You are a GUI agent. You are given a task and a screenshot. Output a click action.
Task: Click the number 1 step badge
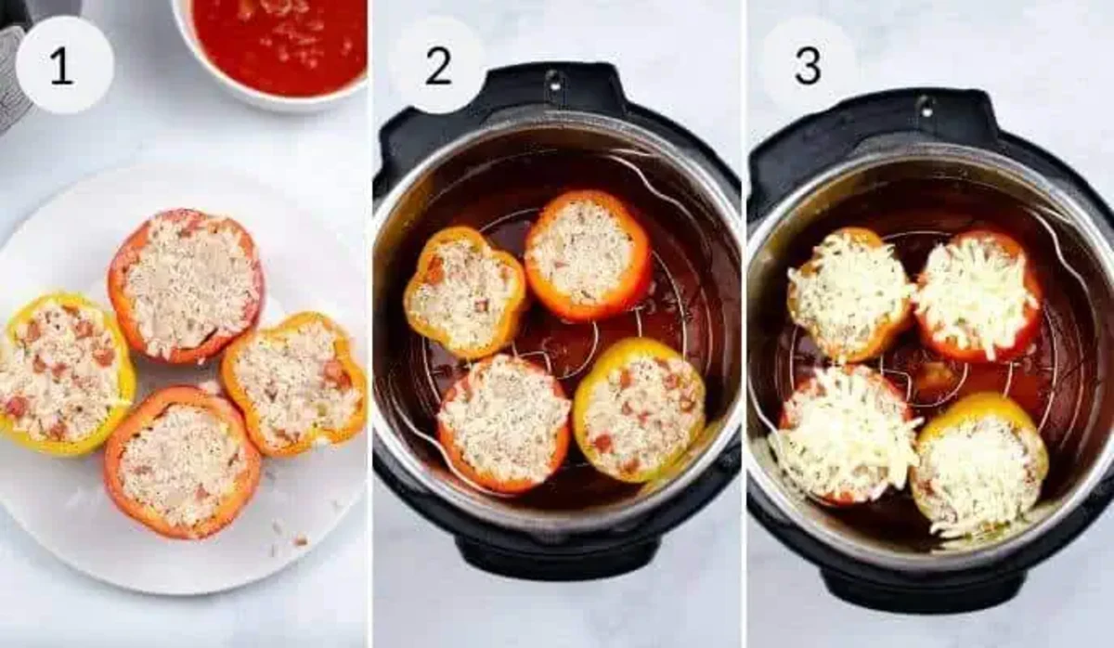click(x=64, y=65)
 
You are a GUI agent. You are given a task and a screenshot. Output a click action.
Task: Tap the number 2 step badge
click(x=437, y=65)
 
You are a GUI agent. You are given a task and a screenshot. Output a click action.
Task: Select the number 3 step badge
click(x=808, y=65)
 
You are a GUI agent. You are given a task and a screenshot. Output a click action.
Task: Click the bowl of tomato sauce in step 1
click(x=277, y=46)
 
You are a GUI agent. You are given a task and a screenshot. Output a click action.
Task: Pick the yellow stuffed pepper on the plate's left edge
click(x=63, y=373)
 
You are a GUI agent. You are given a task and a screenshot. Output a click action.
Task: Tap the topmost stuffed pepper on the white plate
click(x=187, y=285)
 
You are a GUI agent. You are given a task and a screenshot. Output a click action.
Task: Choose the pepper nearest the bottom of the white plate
click(x=182, y=461)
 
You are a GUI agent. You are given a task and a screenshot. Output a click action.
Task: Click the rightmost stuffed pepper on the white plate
click(x=294, y=382)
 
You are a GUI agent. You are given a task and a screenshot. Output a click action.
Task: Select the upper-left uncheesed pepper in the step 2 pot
click(x=464, y=292)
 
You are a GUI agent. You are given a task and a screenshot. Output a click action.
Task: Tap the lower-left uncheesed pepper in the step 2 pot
click(x=503, y=423)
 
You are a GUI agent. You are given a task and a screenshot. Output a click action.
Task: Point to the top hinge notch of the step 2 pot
click(x=554, y=81)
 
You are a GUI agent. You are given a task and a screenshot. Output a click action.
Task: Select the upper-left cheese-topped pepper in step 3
click(x=848, y=293)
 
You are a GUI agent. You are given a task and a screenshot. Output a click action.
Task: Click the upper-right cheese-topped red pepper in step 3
click(x=977, y=294)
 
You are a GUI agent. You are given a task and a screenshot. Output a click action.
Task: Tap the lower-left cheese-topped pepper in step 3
click(x=843, y=434)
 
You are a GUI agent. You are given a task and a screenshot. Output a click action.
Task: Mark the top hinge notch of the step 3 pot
click(x=926, y=107)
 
